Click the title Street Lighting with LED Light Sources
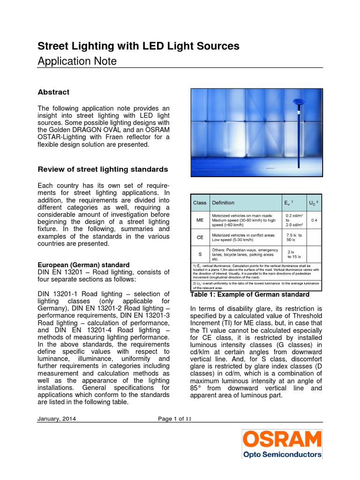point(138,46)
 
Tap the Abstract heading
point(53,92)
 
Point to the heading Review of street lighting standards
point(103,169)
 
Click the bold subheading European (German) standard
point(83,265)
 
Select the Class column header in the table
point(200,203)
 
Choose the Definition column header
point(223,203)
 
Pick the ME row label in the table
point(200,220)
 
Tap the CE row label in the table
point(200,237)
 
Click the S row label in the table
point(200,254)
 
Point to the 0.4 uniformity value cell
point(314,220)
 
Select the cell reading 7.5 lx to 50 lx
point(294,237)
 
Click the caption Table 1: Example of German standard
point(249,294)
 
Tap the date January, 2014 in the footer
point(57,419)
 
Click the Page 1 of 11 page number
point(175,419)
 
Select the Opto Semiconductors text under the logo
point(282,454)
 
